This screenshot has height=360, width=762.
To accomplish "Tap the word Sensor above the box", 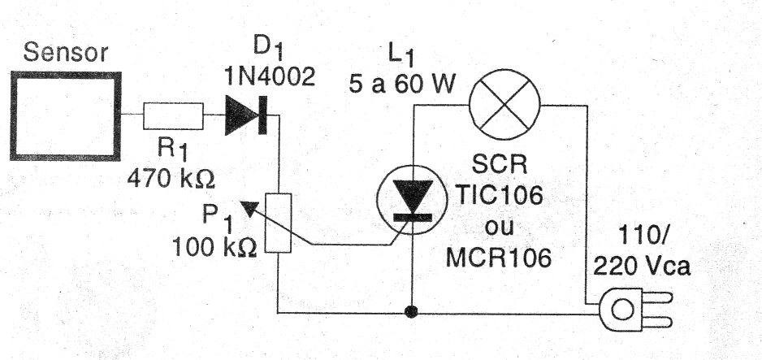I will tap(66, 54).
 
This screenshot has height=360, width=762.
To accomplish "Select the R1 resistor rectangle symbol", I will tap(173, 117).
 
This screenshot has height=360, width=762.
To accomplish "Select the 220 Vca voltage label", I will tap(642, 267).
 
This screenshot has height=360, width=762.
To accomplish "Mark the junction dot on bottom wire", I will tap(413, 311).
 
